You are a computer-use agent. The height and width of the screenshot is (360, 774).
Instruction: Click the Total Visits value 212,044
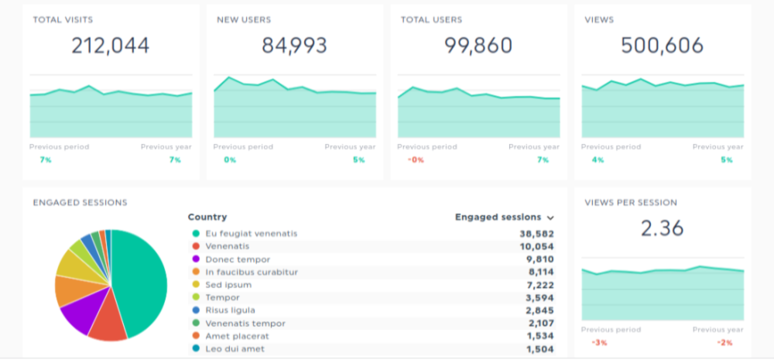point(111,46)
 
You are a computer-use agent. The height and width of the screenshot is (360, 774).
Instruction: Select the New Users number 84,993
point(294,46)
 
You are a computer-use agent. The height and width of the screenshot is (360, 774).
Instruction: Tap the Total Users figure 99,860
point(478,46)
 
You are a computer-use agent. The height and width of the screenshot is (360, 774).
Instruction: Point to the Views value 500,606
point(663,46)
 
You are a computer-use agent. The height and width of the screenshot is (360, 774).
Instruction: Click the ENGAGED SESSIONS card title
point(80,203)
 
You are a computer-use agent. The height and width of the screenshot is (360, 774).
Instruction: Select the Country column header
point(207,218)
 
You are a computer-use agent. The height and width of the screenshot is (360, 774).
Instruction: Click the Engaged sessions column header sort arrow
point(550,218)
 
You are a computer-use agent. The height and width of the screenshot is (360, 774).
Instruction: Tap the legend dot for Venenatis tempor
point(196,324)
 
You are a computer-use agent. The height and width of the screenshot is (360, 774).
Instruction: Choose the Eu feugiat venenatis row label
point(251,234)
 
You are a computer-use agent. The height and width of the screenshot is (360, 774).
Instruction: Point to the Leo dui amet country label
point(235,349)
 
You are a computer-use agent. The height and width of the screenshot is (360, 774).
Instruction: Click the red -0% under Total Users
point(415,160)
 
